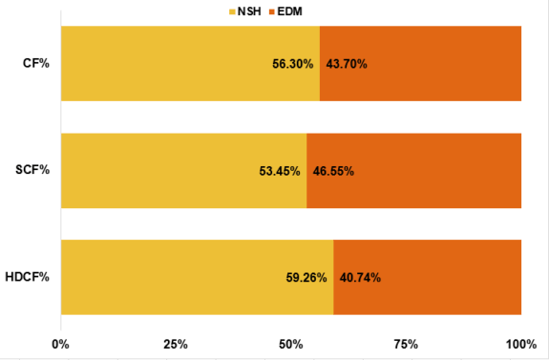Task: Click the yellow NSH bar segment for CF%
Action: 190,63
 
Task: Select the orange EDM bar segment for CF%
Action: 420,63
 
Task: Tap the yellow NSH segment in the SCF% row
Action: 184,171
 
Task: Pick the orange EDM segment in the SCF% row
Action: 413,171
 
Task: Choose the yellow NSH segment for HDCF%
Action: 197,277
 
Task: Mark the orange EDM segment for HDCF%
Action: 427,277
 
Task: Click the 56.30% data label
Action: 293,64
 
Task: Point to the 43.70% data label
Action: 347,64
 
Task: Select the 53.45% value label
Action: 280,171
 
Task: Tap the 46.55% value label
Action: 333,171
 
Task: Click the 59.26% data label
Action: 306,278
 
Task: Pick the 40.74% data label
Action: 360,278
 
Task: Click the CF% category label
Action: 36,63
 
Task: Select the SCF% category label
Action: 32,170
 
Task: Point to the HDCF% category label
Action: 28,277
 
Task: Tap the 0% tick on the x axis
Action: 60,344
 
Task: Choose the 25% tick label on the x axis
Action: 176,344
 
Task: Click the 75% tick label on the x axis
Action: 406,344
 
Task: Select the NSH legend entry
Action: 245,11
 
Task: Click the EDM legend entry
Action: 285,11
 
